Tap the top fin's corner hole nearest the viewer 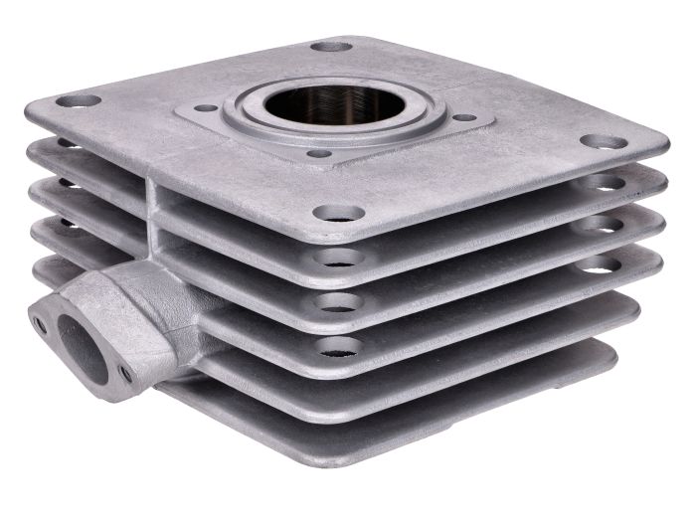click(x=338, y=212)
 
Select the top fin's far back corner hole click(x=331, y=47)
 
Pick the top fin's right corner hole click(x=604, y=142)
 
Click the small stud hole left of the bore click(x=206, y=107)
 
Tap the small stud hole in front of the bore click(x=318, y=154)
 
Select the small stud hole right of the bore click(x=463, y=117)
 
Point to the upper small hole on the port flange click(x=40, y=323)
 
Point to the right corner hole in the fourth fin click(x=595, y=264)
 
